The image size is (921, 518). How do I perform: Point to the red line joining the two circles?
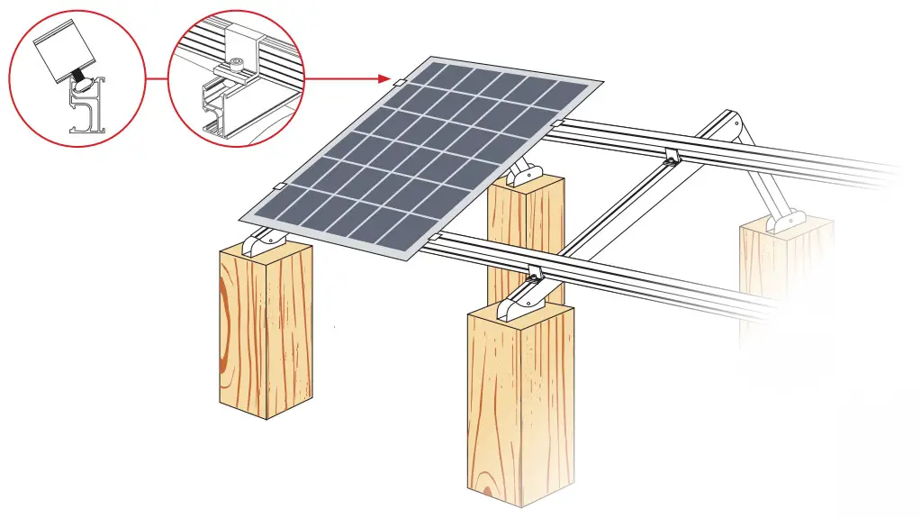(157, 77)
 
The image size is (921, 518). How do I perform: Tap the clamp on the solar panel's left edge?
(279, 186)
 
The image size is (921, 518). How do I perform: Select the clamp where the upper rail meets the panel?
(558, 123)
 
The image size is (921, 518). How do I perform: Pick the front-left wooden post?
(266, 333)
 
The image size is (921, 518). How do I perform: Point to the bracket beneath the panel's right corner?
(524, 170)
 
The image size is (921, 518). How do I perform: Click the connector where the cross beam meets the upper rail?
(671, 155)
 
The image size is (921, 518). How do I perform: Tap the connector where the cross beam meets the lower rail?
(535, 270)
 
